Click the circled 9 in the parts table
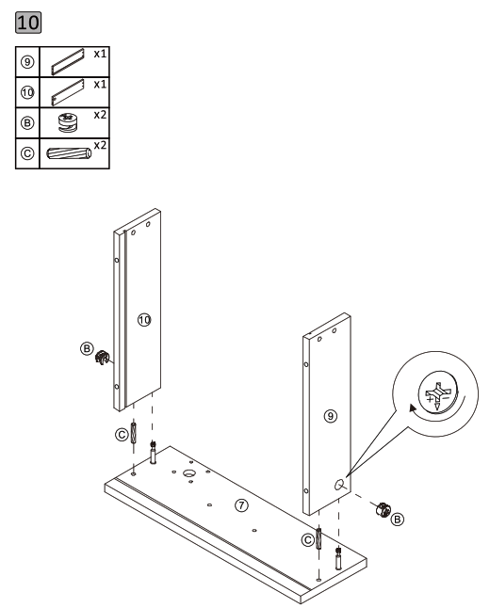(x=29, y=64)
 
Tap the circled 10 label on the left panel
(x=144, y=320)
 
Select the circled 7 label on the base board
(x=242, y=505)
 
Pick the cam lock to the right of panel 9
(x=384, y=511)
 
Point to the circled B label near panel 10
(x=88, y=350)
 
